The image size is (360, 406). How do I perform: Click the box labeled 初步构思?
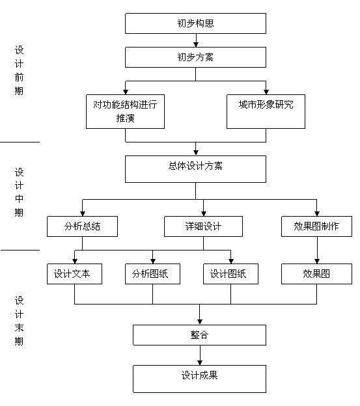pos(195,23)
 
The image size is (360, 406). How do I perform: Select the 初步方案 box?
pos(195,57)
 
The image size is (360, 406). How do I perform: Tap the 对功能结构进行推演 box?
pos(126,112)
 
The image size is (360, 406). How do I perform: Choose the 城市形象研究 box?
pos(266,112)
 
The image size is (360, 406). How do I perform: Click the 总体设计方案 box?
pos(195,169)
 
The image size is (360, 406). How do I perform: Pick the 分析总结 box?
pos(83,226)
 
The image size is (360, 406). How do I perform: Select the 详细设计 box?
pos(203,226)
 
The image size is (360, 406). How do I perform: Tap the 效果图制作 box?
pos(316,226)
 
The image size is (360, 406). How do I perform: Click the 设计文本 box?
pos(75,274)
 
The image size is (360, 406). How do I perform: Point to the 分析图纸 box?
pos(152,274)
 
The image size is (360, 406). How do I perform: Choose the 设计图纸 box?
pos(230,274)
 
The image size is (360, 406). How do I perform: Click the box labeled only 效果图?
pos(316,274)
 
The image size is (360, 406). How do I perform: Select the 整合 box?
pos(199,335)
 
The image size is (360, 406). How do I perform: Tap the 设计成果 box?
pos(199,379)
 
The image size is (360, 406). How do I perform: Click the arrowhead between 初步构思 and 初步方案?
pos(196,44)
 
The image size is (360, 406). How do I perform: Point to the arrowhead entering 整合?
pos(200,322)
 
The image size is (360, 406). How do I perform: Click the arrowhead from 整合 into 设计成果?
pos(200,362)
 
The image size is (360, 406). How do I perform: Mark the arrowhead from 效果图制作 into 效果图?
pos(317,261)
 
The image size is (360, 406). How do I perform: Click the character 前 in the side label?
pos(19,77)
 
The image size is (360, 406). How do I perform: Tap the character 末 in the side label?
pos(19,327)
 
